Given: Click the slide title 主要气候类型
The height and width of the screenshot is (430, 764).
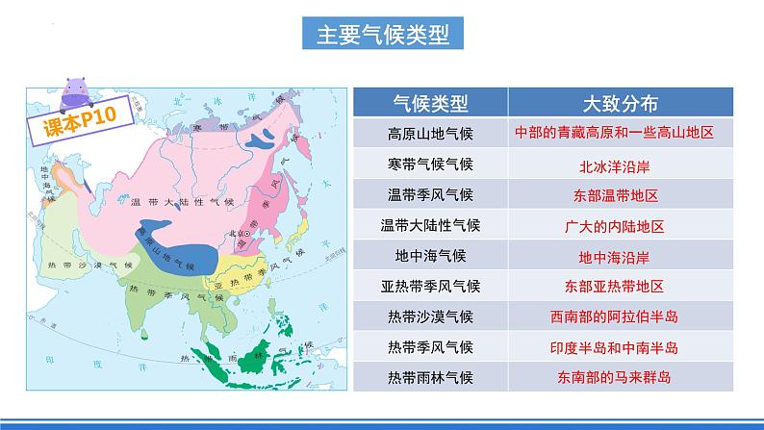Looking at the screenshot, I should point(382,35).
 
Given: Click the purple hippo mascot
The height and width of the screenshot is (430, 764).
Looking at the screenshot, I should point(78,95).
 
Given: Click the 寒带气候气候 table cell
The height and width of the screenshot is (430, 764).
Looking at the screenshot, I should point(429,164).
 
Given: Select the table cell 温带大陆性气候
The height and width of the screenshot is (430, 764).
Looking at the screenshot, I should point(429,226).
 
